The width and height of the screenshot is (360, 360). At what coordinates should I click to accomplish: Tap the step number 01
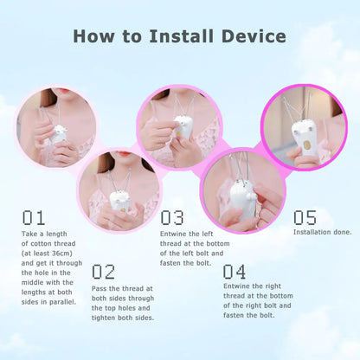click(34, 217)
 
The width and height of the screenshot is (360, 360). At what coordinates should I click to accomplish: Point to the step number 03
click(172, 217)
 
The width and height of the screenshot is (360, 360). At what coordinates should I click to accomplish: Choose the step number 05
click(305, 217)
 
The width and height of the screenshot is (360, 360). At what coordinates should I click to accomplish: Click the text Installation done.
click(322, 232)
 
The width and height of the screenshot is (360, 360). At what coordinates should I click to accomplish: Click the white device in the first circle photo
click(59, 135)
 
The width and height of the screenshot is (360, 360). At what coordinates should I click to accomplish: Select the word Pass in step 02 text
click(100, 287)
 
